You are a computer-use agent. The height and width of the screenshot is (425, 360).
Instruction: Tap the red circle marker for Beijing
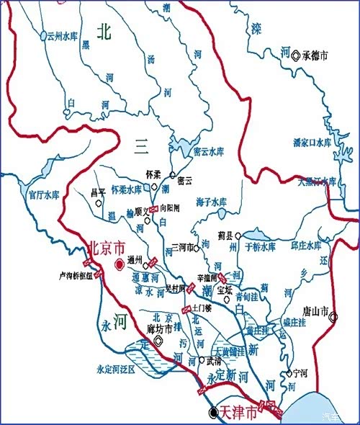(120, 264)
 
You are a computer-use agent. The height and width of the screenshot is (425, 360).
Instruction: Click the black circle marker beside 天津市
(212, 412)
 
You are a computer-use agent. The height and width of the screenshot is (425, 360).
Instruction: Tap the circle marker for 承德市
(295, 55)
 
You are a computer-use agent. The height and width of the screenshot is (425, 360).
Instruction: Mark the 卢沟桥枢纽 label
(75, 275)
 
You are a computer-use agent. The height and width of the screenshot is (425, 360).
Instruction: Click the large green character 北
(105, 31)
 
